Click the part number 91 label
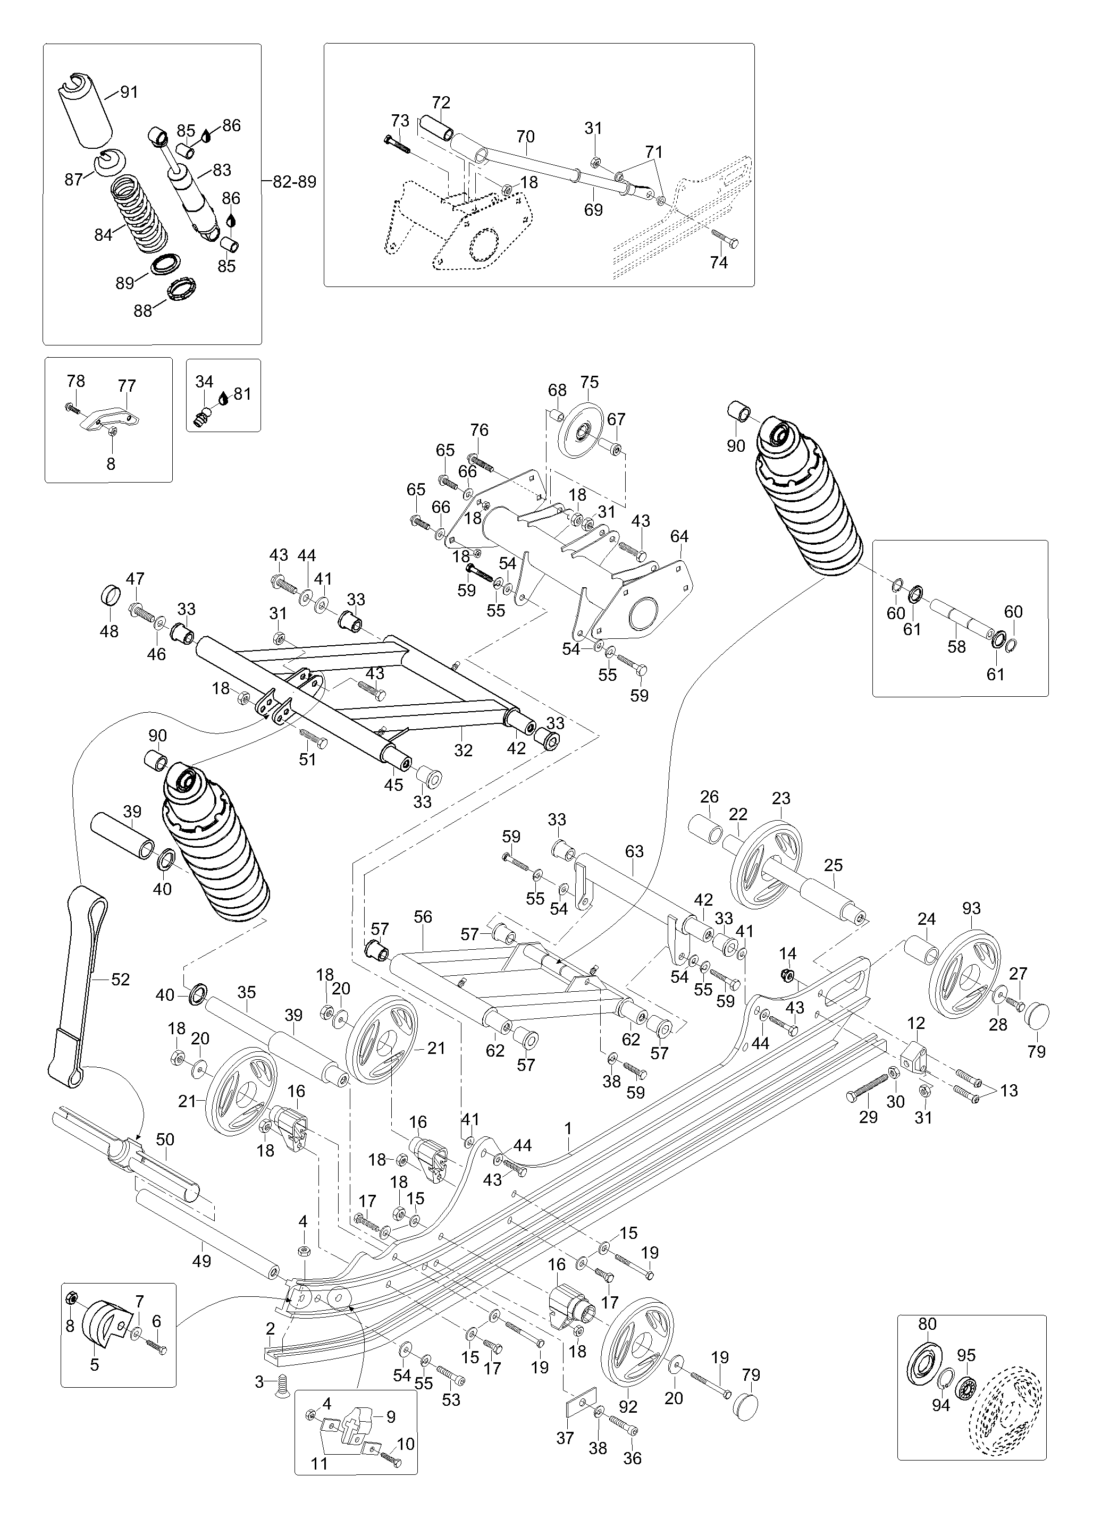coord(129,92)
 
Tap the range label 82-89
coord(294,181)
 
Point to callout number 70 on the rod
coord(526,137)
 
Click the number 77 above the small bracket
coord(127,386)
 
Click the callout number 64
coord(679,536)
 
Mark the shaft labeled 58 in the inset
coord(959,620)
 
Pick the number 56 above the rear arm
coord(423,917)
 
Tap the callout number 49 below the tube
coord(201,1261)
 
